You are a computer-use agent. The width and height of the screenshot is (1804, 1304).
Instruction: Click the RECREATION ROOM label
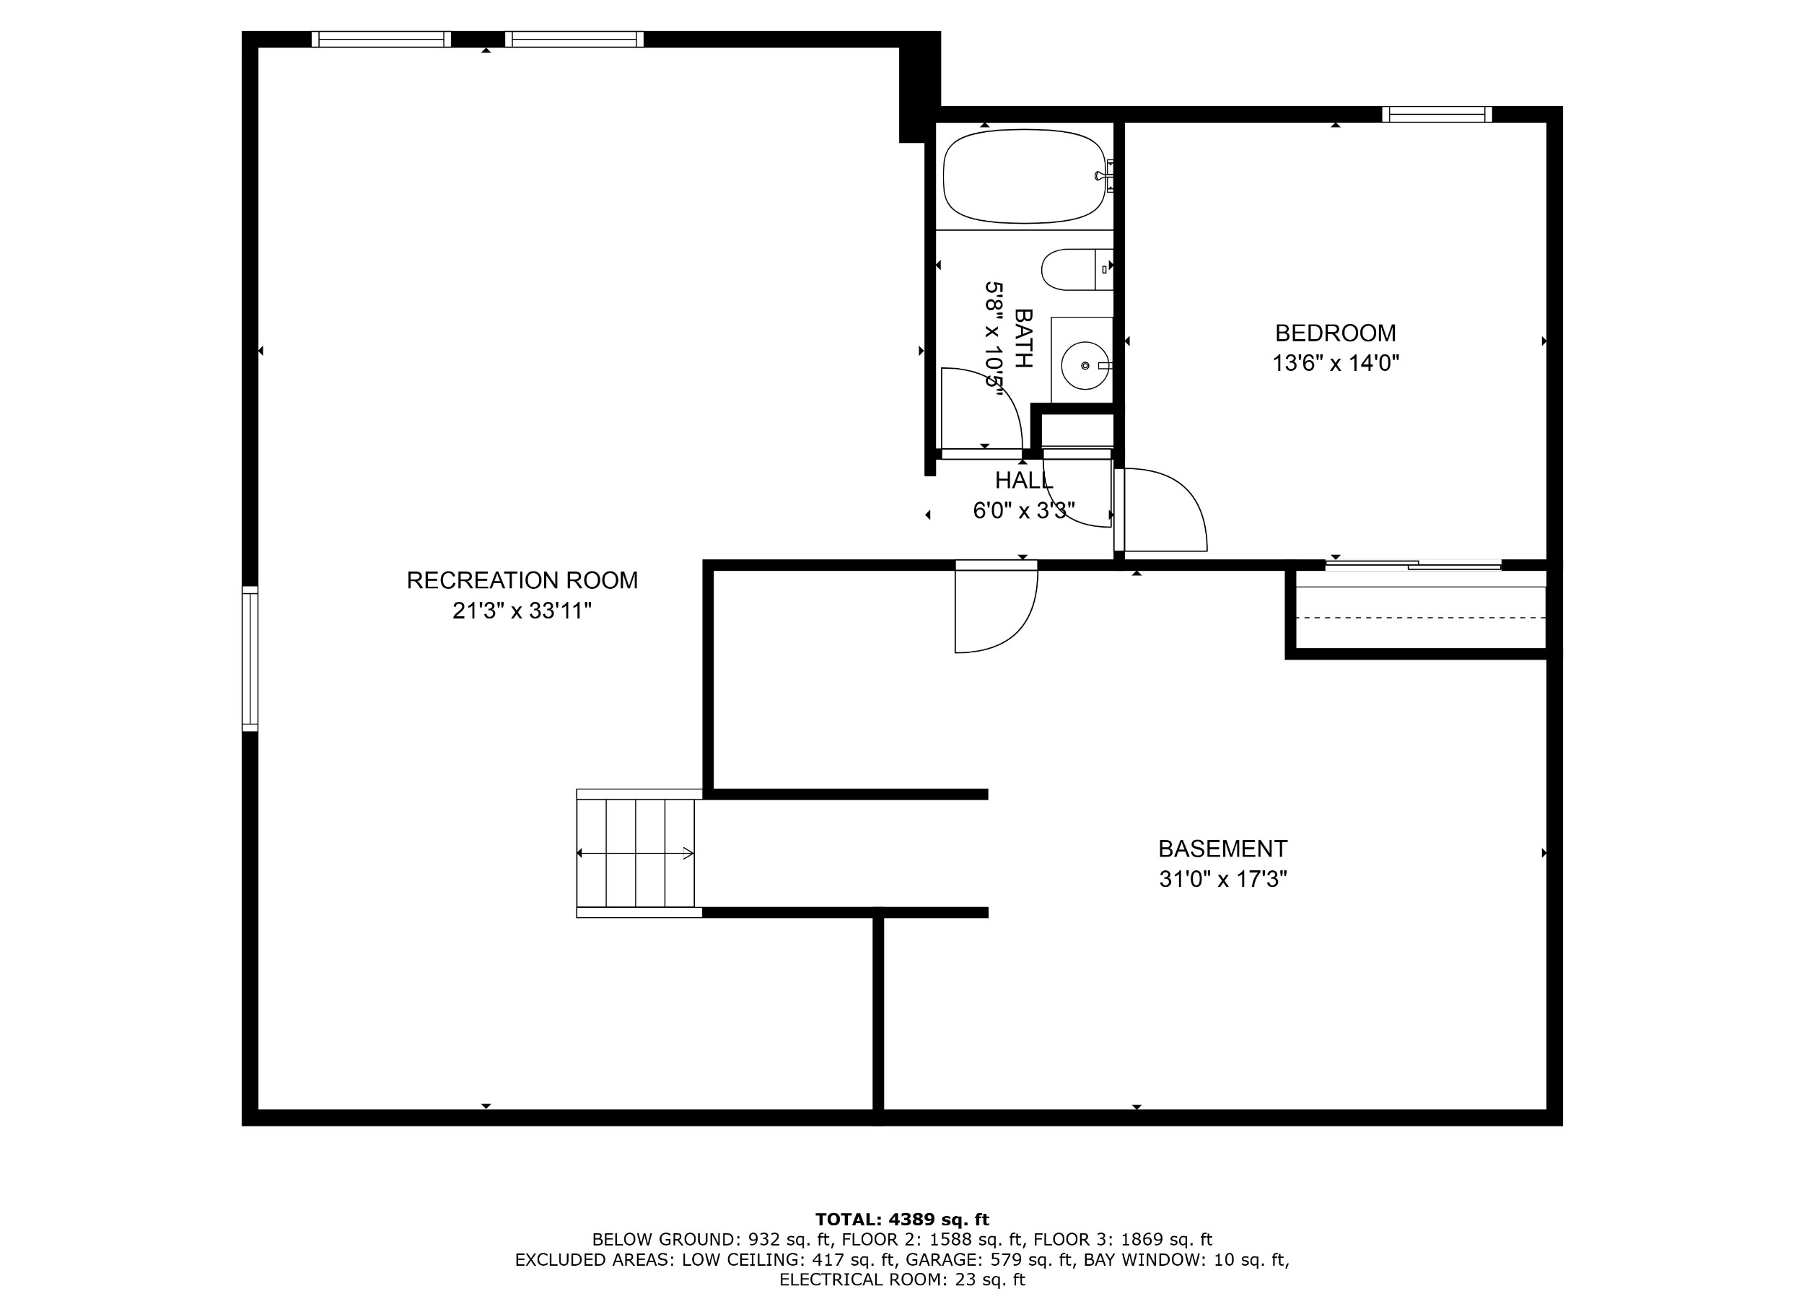(x=522, y=581)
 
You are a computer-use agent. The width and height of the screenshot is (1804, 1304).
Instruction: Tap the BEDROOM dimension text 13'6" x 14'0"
(x=1336, y=364)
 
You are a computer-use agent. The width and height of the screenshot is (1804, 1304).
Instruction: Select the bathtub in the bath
(x=1025, y=176)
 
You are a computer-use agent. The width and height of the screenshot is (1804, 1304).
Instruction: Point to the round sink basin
(x=1085, y=366)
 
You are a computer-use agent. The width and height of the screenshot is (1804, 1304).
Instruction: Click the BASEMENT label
(x=1222, y=849)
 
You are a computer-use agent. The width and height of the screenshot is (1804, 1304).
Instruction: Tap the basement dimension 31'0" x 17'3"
(x=1222, y=879)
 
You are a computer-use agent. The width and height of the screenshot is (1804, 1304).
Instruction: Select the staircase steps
(x=636, y=853)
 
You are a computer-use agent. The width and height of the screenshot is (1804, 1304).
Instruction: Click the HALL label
(x=1024, y=481)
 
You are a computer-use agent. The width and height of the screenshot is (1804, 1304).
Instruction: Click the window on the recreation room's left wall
(x=250, y=658)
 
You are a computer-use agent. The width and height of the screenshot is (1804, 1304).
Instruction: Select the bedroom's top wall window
(x=1437, y=115)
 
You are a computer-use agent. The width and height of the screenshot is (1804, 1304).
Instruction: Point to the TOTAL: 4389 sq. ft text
(x=902, y=1219)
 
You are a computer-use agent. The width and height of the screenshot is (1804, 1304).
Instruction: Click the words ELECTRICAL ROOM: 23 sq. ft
(x=902, y=1279)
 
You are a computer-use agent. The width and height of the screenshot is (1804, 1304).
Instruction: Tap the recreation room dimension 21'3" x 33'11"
(x=522, y=611)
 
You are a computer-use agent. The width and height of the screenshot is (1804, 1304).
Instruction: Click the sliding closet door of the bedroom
(x=1413, y=565)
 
